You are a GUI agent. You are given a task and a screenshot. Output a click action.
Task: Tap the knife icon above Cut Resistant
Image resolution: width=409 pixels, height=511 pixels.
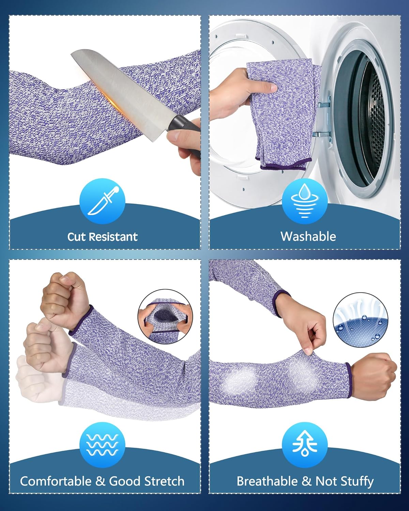(103, 201)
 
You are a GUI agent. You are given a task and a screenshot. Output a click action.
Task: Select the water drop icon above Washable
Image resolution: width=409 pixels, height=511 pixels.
(305, 201)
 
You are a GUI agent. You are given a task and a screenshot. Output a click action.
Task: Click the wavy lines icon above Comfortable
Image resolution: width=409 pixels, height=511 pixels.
(103, 445)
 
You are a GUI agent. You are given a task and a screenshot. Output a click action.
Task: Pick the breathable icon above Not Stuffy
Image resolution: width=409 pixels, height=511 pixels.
(305, 445)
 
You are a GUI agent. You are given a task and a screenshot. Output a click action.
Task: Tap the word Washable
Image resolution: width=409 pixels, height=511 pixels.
(308, 236)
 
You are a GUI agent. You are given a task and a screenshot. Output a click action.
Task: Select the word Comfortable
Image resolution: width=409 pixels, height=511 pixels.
(56, 481)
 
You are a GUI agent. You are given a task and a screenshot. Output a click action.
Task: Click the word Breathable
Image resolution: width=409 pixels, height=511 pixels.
(267, 481)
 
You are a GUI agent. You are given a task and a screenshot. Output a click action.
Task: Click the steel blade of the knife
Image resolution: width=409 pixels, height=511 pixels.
(124, 88)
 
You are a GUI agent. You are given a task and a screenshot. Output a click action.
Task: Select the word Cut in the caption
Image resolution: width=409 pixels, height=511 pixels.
(76, 237)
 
